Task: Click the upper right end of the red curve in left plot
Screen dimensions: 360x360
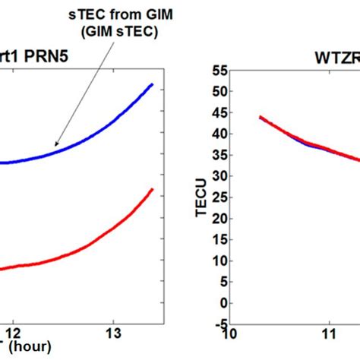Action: [153, 190]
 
